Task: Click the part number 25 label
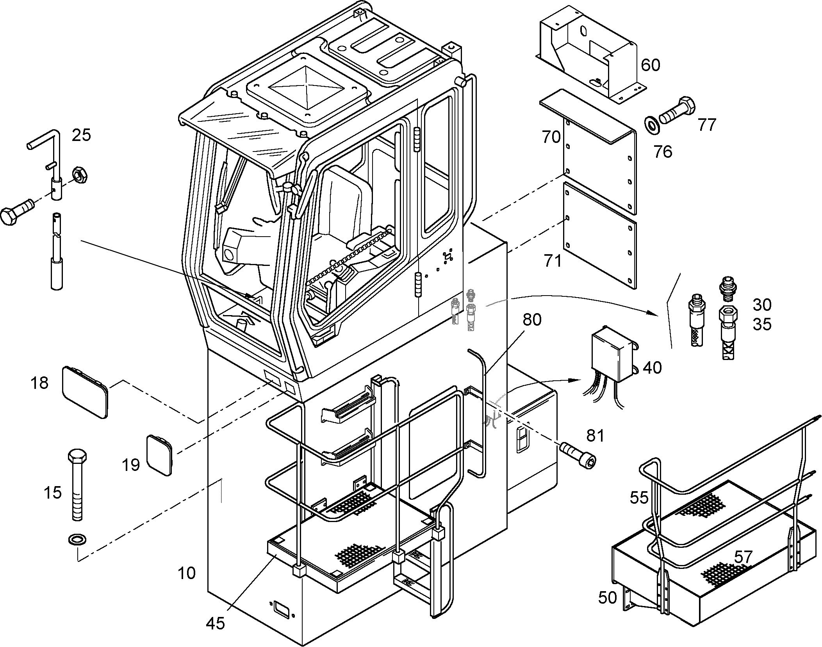[81, 135]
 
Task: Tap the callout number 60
[650, 65]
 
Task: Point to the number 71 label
[553, 260]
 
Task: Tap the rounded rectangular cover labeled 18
[85, 392]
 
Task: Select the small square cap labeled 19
[159, 455]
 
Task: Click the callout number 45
[216, 623]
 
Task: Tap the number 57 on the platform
[743, 557]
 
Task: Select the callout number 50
[607, 597]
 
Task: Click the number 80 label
[532, 320]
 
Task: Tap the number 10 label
[186, 573]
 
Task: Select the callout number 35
[762, 324]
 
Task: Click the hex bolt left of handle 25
[18, 210]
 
